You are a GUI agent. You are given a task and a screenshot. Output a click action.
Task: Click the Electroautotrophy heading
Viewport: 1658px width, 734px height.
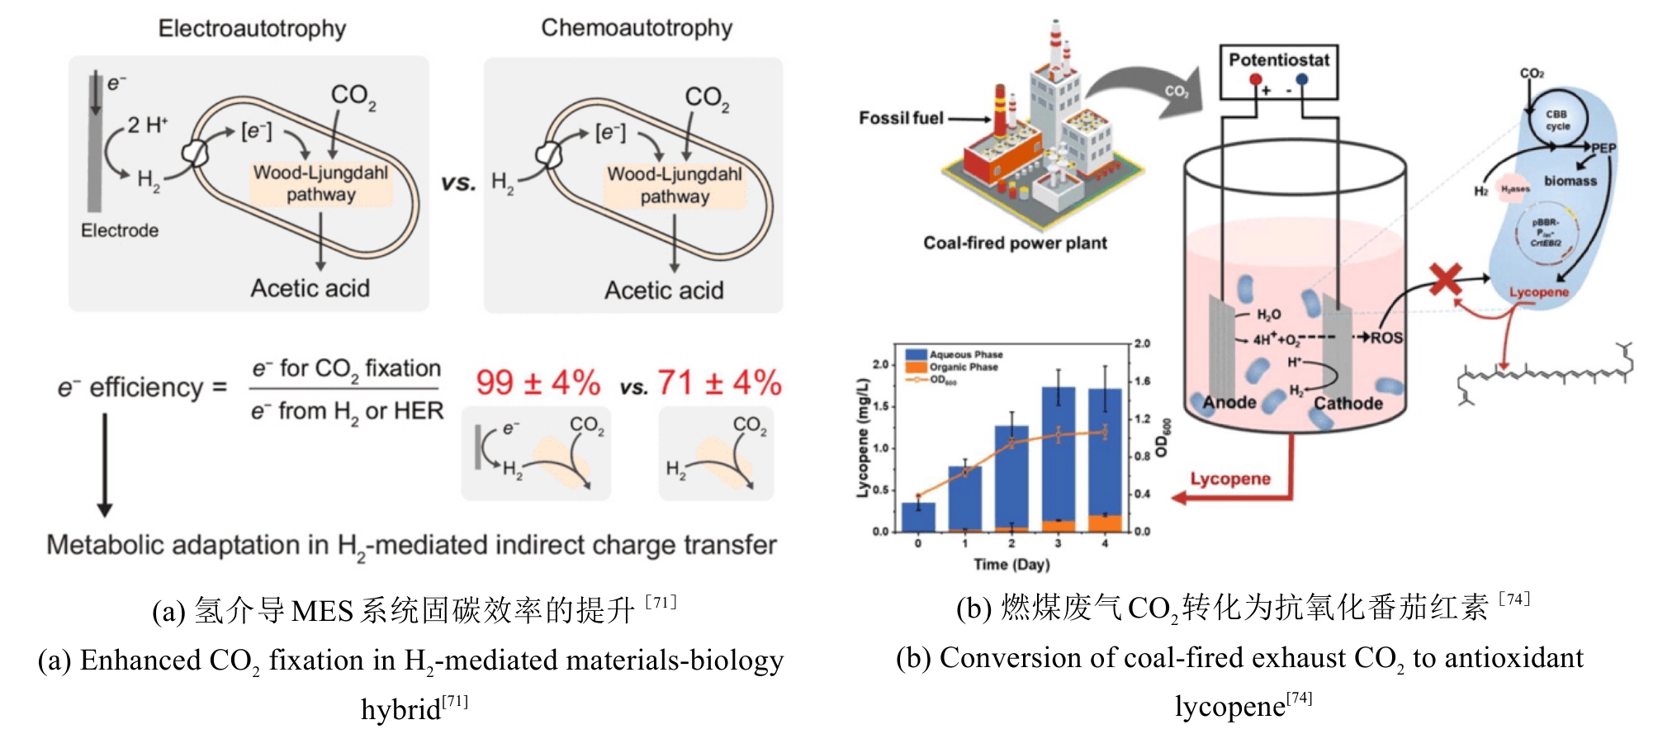tap(252, 29)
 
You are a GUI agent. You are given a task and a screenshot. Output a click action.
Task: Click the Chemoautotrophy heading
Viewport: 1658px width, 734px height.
tap(637, 28)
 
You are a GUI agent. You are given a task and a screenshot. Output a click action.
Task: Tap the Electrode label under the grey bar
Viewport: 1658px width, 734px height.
tap(120, 230)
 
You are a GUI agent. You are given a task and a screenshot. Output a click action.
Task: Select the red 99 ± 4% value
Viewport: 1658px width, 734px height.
tap(538, 383)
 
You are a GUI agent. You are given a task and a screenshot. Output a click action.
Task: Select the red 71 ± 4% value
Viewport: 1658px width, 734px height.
tap(719, 383)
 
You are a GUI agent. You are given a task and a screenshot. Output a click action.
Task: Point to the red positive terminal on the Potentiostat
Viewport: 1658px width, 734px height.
tap(1256, 80)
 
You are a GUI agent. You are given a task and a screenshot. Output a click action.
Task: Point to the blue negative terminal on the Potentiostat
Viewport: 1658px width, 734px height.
tap(1302, 80)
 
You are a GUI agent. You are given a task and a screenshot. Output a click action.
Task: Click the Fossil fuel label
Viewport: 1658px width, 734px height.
tap(901, 118)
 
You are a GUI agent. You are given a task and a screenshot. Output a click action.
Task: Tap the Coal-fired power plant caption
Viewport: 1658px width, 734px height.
tap(1015, 243)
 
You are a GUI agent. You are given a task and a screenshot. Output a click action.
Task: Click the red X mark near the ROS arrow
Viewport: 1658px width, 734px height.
tap(1446, 280)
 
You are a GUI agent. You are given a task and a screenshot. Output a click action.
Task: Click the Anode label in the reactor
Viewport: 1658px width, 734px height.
tap(1229, 403)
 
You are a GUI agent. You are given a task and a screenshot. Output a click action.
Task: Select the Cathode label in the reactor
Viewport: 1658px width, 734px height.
tap(1348, 404)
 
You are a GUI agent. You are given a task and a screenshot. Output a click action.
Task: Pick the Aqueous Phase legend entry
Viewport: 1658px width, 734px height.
tap(965, 355)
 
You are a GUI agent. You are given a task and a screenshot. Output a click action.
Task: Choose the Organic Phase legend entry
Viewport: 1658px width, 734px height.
tap(963, 367)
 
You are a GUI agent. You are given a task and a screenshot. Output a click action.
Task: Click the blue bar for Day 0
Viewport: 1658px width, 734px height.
tap(918, 517)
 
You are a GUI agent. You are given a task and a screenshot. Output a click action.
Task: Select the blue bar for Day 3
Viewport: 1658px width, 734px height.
tap(1059, 454)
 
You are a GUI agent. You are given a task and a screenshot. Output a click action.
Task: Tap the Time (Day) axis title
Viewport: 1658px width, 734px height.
tap(1011, 565)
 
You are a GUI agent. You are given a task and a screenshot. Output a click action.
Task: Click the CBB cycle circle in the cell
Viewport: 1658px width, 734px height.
tap(1557, 121)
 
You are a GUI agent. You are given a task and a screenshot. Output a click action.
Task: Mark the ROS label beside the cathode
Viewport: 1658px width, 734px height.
tap(1386, 338)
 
